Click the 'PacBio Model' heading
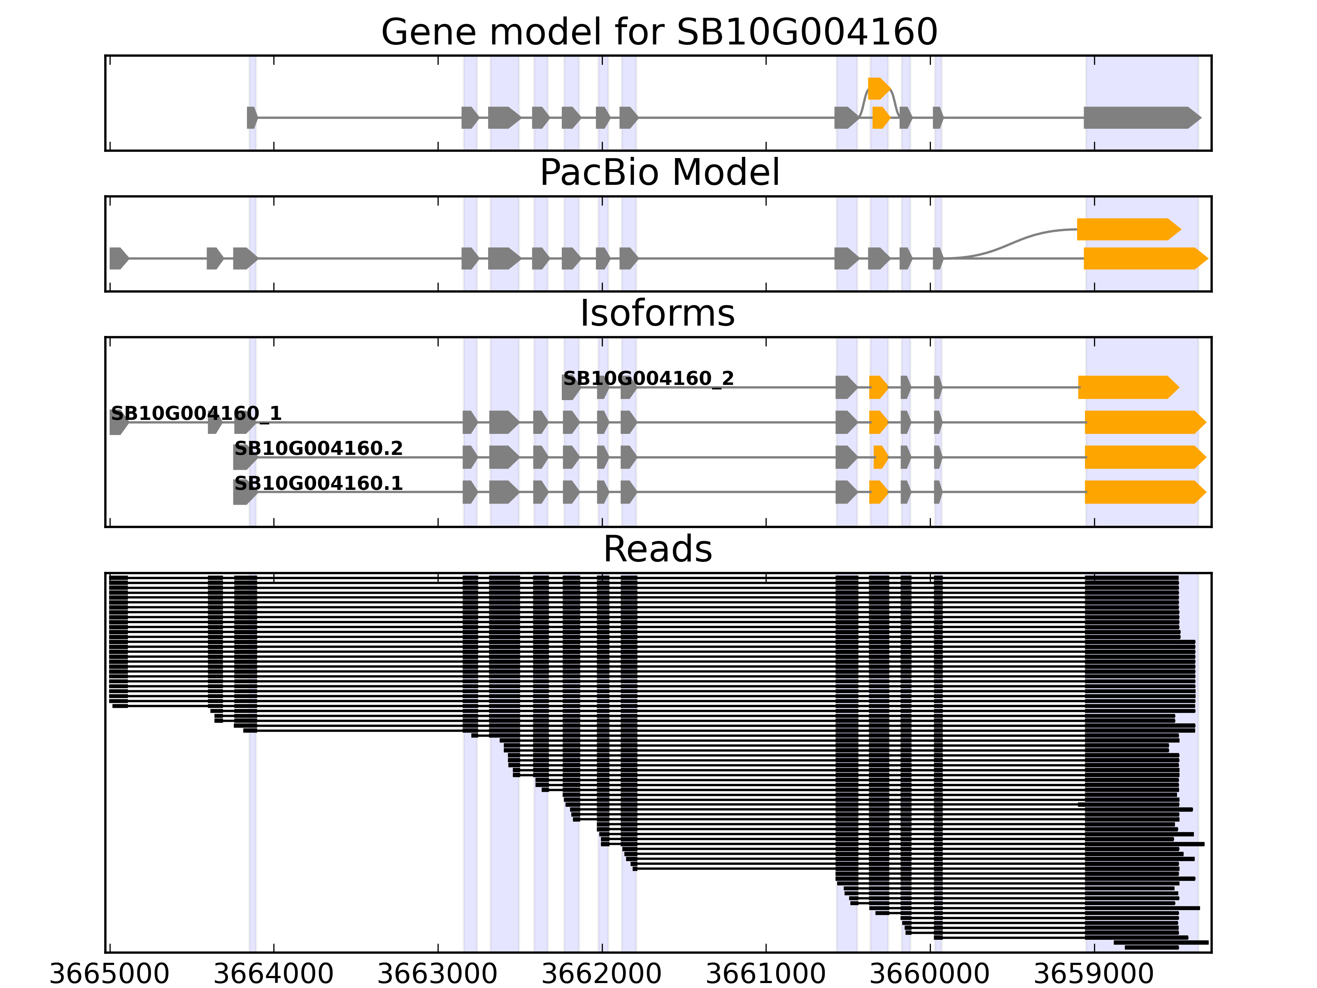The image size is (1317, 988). [659, 173]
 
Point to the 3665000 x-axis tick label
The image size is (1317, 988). [109, 974]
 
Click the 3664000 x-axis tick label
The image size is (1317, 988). [273, 974]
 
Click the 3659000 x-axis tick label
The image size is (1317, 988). [1094, 974]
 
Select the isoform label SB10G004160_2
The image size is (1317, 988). [648, 378]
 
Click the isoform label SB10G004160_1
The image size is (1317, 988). [196, 413]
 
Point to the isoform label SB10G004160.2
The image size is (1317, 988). [319, 448]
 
